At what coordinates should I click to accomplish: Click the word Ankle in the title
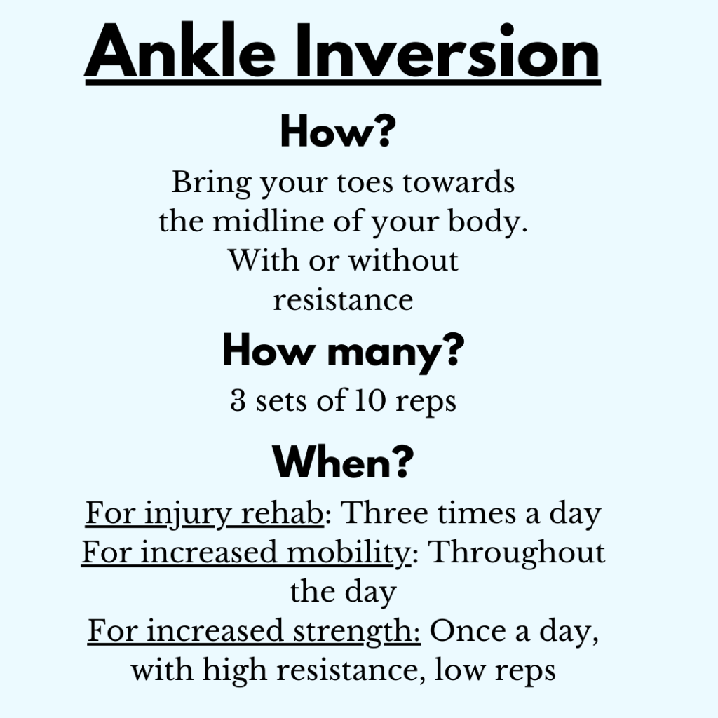(x=180, y=50)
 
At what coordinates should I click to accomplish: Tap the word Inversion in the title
(x=448, y=50)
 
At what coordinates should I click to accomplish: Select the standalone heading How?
(x=339, y=131)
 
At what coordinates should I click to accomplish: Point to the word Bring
(x=212, y=184)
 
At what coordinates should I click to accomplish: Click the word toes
(x=365, y=183)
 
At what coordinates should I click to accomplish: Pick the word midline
(x=269, y=222)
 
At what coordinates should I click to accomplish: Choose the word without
(x=403, y=261)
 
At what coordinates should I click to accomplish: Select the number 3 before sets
(x=238, y=400)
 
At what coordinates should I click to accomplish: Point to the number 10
(x=370, y=400)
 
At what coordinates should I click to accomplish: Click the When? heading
(x=343, y=462)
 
